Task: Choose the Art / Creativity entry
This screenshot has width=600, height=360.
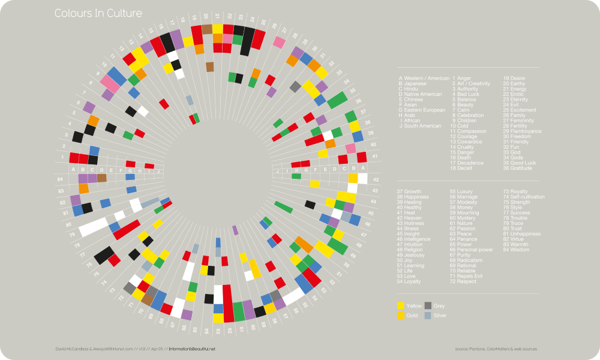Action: [473, 84]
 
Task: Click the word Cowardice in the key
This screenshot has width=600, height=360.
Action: [470, 142]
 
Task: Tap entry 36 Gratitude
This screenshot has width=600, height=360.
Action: [522, 168]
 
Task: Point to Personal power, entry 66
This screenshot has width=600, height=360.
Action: [475, 250]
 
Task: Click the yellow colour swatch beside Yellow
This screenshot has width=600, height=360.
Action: [401, 307]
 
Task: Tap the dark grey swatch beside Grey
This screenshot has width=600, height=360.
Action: [428, 306]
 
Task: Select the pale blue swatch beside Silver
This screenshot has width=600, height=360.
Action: [428, 315]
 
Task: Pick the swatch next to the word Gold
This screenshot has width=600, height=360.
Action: [401, 315]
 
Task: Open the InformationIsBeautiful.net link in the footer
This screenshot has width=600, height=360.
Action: [191, 349]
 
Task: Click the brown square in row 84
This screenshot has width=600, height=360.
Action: [102, 178]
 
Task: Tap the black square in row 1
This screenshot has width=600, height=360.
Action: [92, 160]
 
